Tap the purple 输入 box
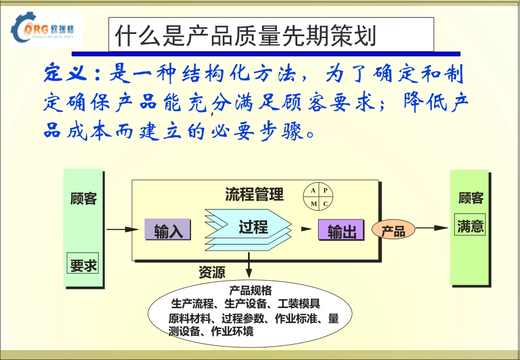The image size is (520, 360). (x=167, y=230)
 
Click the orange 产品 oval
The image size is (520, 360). (x=393, y=230)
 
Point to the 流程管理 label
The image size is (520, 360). (x=254, y=194)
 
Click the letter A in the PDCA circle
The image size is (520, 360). (x=313, y=191)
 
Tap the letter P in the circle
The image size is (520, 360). (x=325, y=191)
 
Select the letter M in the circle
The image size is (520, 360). (x=313, y=204)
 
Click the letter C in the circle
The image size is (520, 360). (x=325, y=204)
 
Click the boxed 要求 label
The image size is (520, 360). (x=83, y=265)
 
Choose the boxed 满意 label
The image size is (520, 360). (x=470, y=226)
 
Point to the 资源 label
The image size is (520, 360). (x=212, y=272)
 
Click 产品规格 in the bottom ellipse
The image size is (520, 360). (x=250, y=291)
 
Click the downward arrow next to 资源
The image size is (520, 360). (x=250, y=265)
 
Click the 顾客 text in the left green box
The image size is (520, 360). (x=83, y=199)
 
